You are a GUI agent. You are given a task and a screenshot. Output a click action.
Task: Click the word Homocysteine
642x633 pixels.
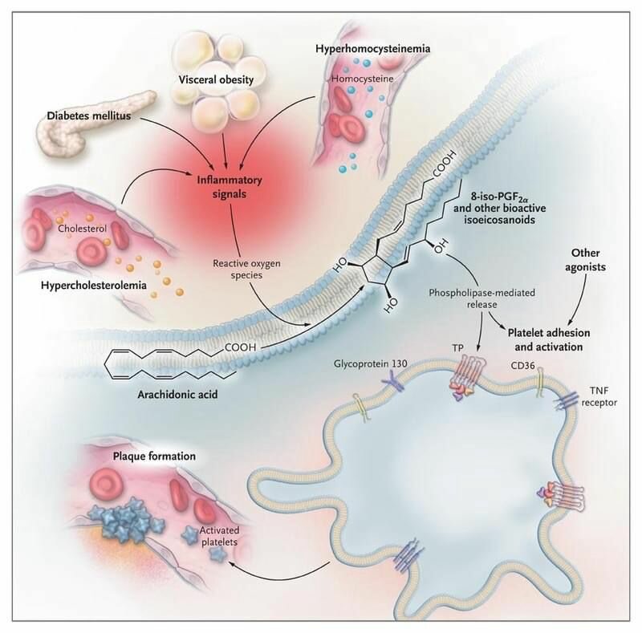click(360, 80)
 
